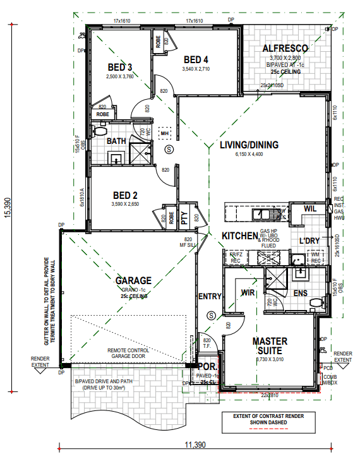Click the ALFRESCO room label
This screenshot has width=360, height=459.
(284, 48)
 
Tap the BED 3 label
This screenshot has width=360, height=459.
(120, 68)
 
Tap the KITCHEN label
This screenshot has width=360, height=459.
(240, 236)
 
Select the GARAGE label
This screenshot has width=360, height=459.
(133, 280)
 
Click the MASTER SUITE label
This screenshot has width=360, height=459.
(270, 345)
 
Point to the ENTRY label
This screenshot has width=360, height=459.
(209, 297)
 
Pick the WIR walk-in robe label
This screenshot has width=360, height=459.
(248, 292)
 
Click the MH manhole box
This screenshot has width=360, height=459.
(164, 133)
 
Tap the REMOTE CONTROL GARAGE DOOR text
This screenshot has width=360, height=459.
(128, 353)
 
